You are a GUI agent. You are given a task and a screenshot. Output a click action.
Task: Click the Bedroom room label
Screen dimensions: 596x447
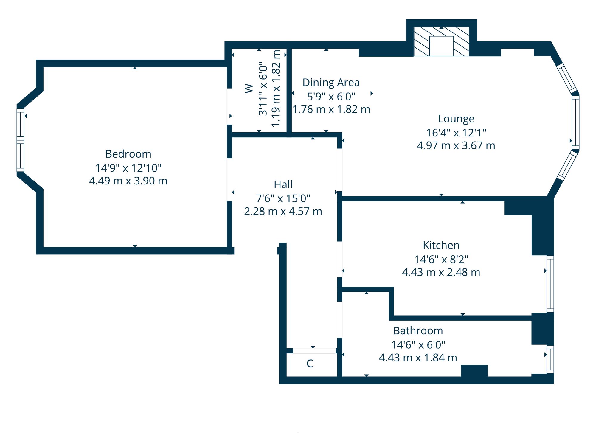tap(128, 154)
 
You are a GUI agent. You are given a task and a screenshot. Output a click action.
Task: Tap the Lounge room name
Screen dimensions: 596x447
tap(456, 119)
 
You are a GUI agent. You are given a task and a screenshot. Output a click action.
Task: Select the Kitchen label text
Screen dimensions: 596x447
tap(441, 245)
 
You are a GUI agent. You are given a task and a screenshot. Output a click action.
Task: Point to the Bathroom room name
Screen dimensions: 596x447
tap(418, 331)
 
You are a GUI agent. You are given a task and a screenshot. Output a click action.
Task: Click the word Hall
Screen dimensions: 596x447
tap(283, 184)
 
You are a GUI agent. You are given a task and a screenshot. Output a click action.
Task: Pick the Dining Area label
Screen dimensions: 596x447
tap(331, 83)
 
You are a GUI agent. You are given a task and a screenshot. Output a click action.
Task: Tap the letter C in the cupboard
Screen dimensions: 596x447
tap(310, 364)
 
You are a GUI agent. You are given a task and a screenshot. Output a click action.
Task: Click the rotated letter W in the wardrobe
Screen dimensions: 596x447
tap(249, 89)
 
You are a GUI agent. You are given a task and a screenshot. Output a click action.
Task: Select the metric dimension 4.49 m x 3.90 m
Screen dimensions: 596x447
tap(128, 181)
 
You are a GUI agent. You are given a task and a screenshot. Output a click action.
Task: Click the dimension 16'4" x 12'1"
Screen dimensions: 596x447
tap(456, 133)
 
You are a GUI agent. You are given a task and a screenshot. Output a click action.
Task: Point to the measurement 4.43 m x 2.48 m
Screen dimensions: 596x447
tap(441, 272)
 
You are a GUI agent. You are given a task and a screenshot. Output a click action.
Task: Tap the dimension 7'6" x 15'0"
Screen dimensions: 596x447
tap(283, 198)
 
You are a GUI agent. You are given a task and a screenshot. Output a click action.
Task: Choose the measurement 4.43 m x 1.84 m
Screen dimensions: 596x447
tap(418, 358)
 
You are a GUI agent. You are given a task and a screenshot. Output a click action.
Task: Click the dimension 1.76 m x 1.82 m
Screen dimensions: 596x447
tap(331, 109)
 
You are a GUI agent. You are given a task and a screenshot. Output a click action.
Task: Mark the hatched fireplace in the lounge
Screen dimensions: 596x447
tap(442, 41)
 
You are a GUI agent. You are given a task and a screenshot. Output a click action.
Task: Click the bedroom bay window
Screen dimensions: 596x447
tap(20, 140)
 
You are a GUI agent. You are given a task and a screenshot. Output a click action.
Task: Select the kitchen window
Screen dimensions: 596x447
tap(550, 284)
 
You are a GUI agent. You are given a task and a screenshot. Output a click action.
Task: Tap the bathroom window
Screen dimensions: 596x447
tap(550, 359)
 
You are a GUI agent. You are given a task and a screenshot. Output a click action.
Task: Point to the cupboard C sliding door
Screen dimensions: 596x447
tap(314, 351)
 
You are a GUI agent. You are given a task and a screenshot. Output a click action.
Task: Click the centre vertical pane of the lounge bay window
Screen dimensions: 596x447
tap(575, 122)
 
